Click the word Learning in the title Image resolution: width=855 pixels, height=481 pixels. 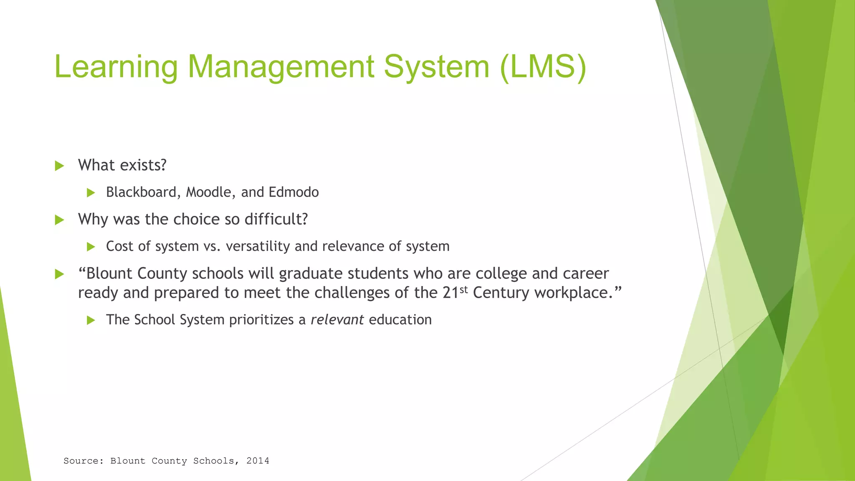pyautogui.click(x=116, y=67)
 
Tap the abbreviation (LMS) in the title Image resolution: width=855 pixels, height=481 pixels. pyautogui.click(x=543, y=67)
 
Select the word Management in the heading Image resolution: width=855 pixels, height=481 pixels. pyautogui.click(x=281, y=67)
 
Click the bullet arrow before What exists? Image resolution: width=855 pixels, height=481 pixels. pyautogui.click(x=60, y=166)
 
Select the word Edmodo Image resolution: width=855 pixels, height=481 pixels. pyautogui.click(x=293, y=192)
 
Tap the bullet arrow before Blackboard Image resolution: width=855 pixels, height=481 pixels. pyautogui.click(x=91, y=193)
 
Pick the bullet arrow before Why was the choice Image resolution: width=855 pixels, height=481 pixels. pyautogui.click(x=60, y=220)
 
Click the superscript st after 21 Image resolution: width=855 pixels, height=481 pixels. pyautogui.click(x=463, y=289)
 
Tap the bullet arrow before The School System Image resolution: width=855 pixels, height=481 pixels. pyautogui.click(x=91, y=321)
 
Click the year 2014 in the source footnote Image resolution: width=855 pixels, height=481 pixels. pyautogui.click(x=258, y=461)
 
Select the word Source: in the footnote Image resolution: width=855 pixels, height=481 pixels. pyautogui.click(x=83, y=461)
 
